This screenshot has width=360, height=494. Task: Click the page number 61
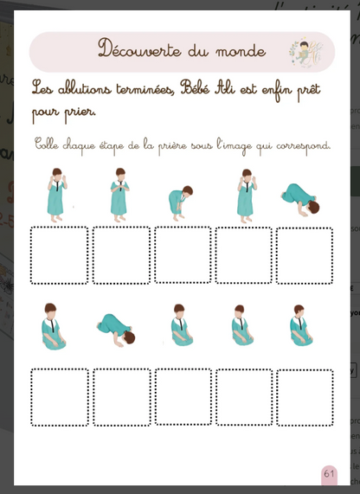click(329, 474)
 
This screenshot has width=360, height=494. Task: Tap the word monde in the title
click(239, 51)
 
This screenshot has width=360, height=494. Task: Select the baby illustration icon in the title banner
click(302, 51)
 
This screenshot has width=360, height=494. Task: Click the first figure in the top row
click(57, 193)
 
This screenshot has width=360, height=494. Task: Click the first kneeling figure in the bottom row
click(54, 326)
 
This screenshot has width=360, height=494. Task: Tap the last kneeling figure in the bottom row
click(300, 326)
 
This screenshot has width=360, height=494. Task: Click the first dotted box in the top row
click(59, 255)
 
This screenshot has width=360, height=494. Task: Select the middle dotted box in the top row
click(183, 255)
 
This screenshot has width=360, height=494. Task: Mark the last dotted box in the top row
click(305, 255)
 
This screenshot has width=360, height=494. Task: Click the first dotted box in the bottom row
click(60, 397)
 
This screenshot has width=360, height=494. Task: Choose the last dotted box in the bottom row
click(305, 397)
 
